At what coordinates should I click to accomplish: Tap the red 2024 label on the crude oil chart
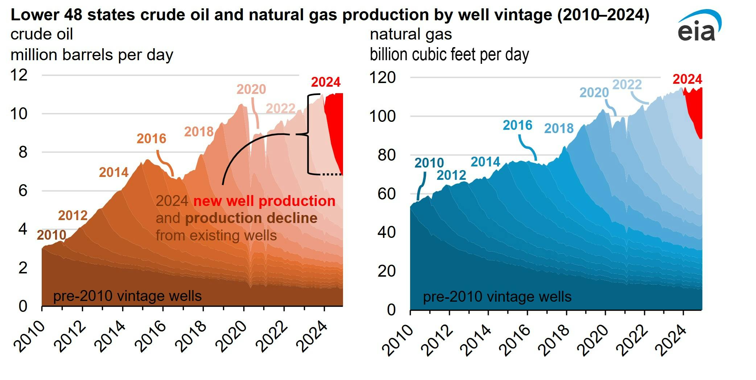point(326,82)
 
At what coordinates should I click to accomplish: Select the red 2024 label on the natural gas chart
point(687,79)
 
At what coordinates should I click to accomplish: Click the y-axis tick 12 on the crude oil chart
point(19,75)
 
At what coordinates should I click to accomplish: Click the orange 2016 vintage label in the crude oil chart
point(151,139)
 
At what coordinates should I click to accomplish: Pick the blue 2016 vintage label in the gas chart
point(517,125)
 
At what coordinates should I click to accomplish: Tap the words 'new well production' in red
point(264,201)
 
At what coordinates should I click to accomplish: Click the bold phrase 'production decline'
point(251,218)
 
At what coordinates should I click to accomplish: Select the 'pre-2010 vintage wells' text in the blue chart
point(497,297)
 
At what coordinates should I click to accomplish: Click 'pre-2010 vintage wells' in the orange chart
point(127,296)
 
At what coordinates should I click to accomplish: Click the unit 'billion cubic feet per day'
point(449,55)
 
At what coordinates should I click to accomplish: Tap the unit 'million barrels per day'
point(92,55)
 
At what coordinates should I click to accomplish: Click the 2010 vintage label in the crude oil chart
point(51,235)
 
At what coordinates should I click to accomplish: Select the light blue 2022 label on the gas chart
point(627,84)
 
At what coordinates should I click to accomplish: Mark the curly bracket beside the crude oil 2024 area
point(309,134)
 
